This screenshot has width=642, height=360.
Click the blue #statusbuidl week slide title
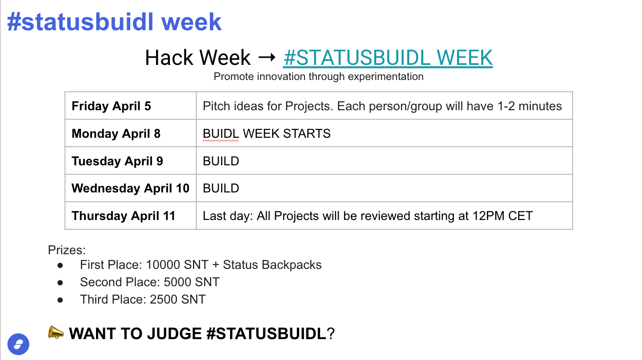pyautogui.click(x=114, y=22)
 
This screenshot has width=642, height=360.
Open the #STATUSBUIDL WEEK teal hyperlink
pyautogui.click(x=388, y=58)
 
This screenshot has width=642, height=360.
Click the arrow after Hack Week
pyautogui.click(x=267, y=58)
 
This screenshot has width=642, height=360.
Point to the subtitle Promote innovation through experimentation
pyautogui.click(x=318, y=76)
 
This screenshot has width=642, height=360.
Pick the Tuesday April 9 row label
pyautogui.click(x=117, y=161)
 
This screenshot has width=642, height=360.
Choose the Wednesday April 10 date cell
pyautogui.click(x=130, y=188)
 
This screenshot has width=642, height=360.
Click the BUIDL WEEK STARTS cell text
pyautogui.click(x=267, y=133)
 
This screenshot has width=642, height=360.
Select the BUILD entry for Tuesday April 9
pyautogui.click(x=221, y=161)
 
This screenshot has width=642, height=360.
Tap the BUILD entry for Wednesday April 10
pyautogui.click(x=221, y=188)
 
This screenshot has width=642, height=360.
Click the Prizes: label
pyautogui.click(x=67, y=250)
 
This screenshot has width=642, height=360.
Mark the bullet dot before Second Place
pyautogui.click(x=60, y=283)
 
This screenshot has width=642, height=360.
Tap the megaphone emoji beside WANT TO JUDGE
pyautogui.click(x=56, y=332)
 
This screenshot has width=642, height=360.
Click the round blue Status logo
pyautogui.click(x=18, y=344)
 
